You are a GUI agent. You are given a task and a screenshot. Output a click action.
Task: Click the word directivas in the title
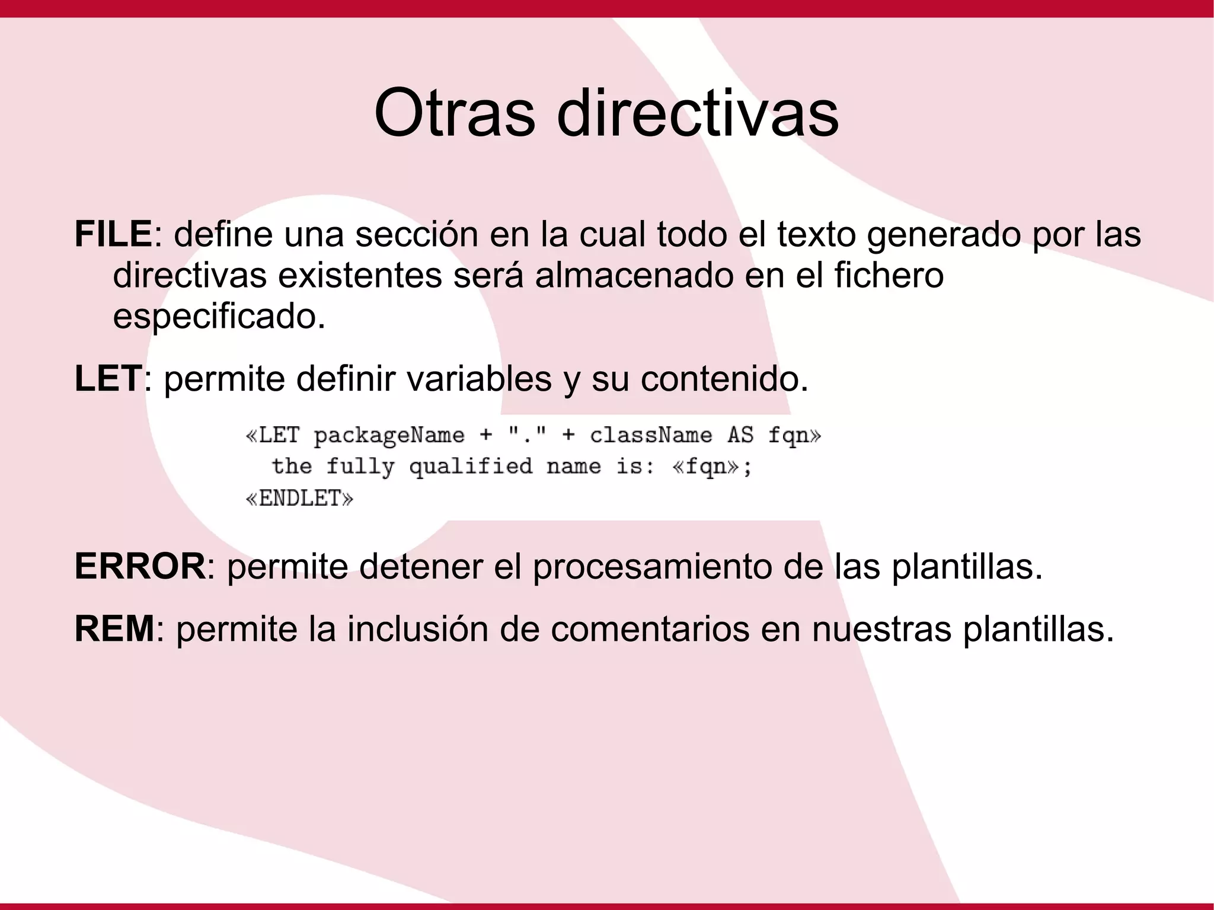(697, 113)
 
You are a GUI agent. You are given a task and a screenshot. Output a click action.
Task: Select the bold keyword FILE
(113, 234)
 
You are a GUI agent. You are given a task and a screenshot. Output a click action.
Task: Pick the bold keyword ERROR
(140, 566)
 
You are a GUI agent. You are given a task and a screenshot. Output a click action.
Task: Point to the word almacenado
(634, 275)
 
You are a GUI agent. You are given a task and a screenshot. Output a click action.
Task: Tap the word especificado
(219, 316)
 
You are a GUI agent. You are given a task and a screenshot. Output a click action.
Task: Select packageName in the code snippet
(389, 436)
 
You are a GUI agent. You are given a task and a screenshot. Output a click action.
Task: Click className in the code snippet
(651, 436)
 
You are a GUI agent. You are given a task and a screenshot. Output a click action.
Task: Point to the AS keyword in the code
(740, 436)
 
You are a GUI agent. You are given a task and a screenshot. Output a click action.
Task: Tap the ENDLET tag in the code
(300, 499)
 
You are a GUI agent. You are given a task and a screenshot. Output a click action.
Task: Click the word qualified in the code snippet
(471, 467)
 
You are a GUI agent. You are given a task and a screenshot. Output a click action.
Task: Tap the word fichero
(889, 275)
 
